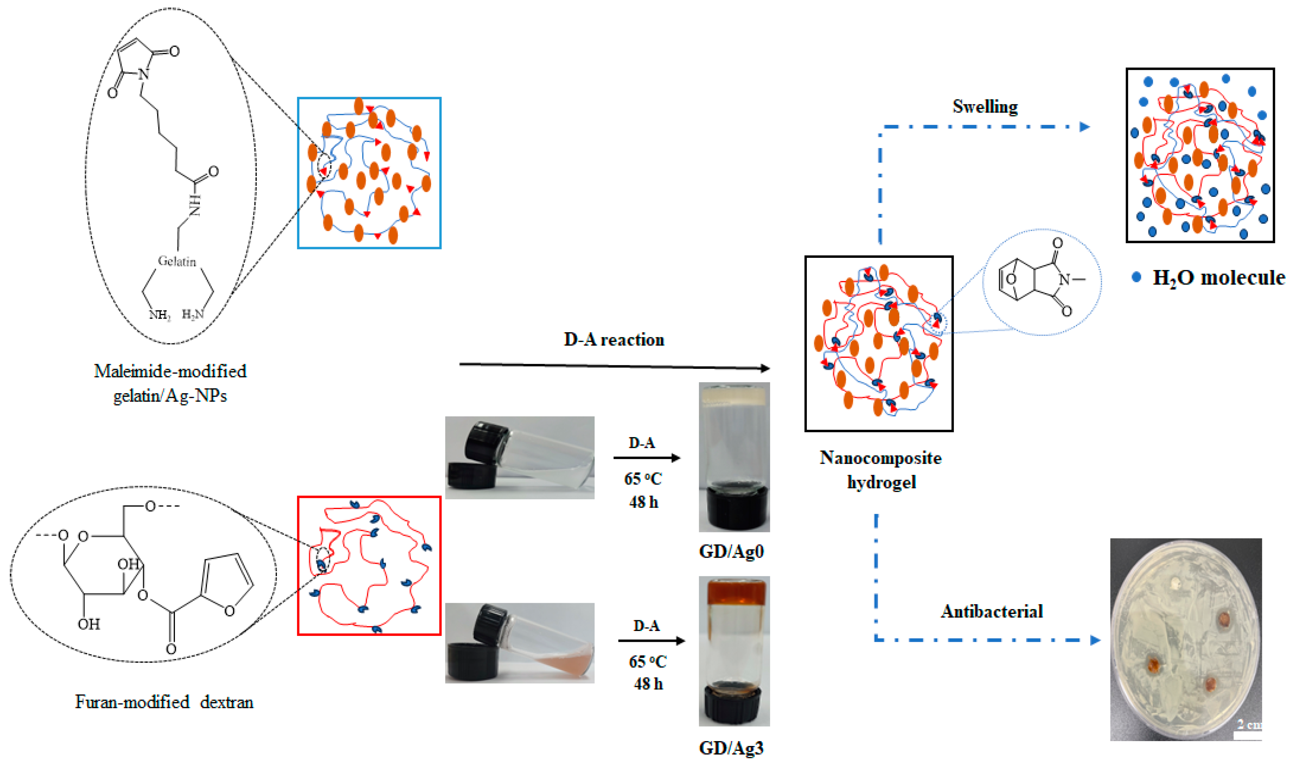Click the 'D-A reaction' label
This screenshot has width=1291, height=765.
point(614,340)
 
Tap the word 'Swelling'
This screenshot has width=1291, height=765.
point(985,107)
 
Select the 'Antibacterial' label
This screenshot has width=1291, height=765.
point(992,611)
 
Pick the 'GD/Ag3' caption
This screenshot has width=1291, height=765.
point(731,748)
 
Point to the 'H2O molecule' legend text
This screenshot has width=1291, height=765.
point(1218,278)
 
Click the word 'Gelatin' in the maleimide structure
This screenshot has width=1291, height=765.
point(177,261)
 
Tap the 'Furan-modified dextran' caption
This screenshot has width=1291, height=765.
point(164,702)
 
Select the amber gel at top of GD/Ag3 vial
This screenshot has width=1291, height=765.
point(734,593)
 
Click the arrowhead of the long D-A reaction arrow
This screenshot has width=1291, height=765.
point(765,368)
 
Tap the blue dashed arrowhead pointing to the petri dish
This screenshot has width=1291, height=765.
point(1095,640)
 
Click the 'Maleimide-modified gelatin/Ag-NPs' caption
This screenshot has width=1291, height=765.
point(170,383)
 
